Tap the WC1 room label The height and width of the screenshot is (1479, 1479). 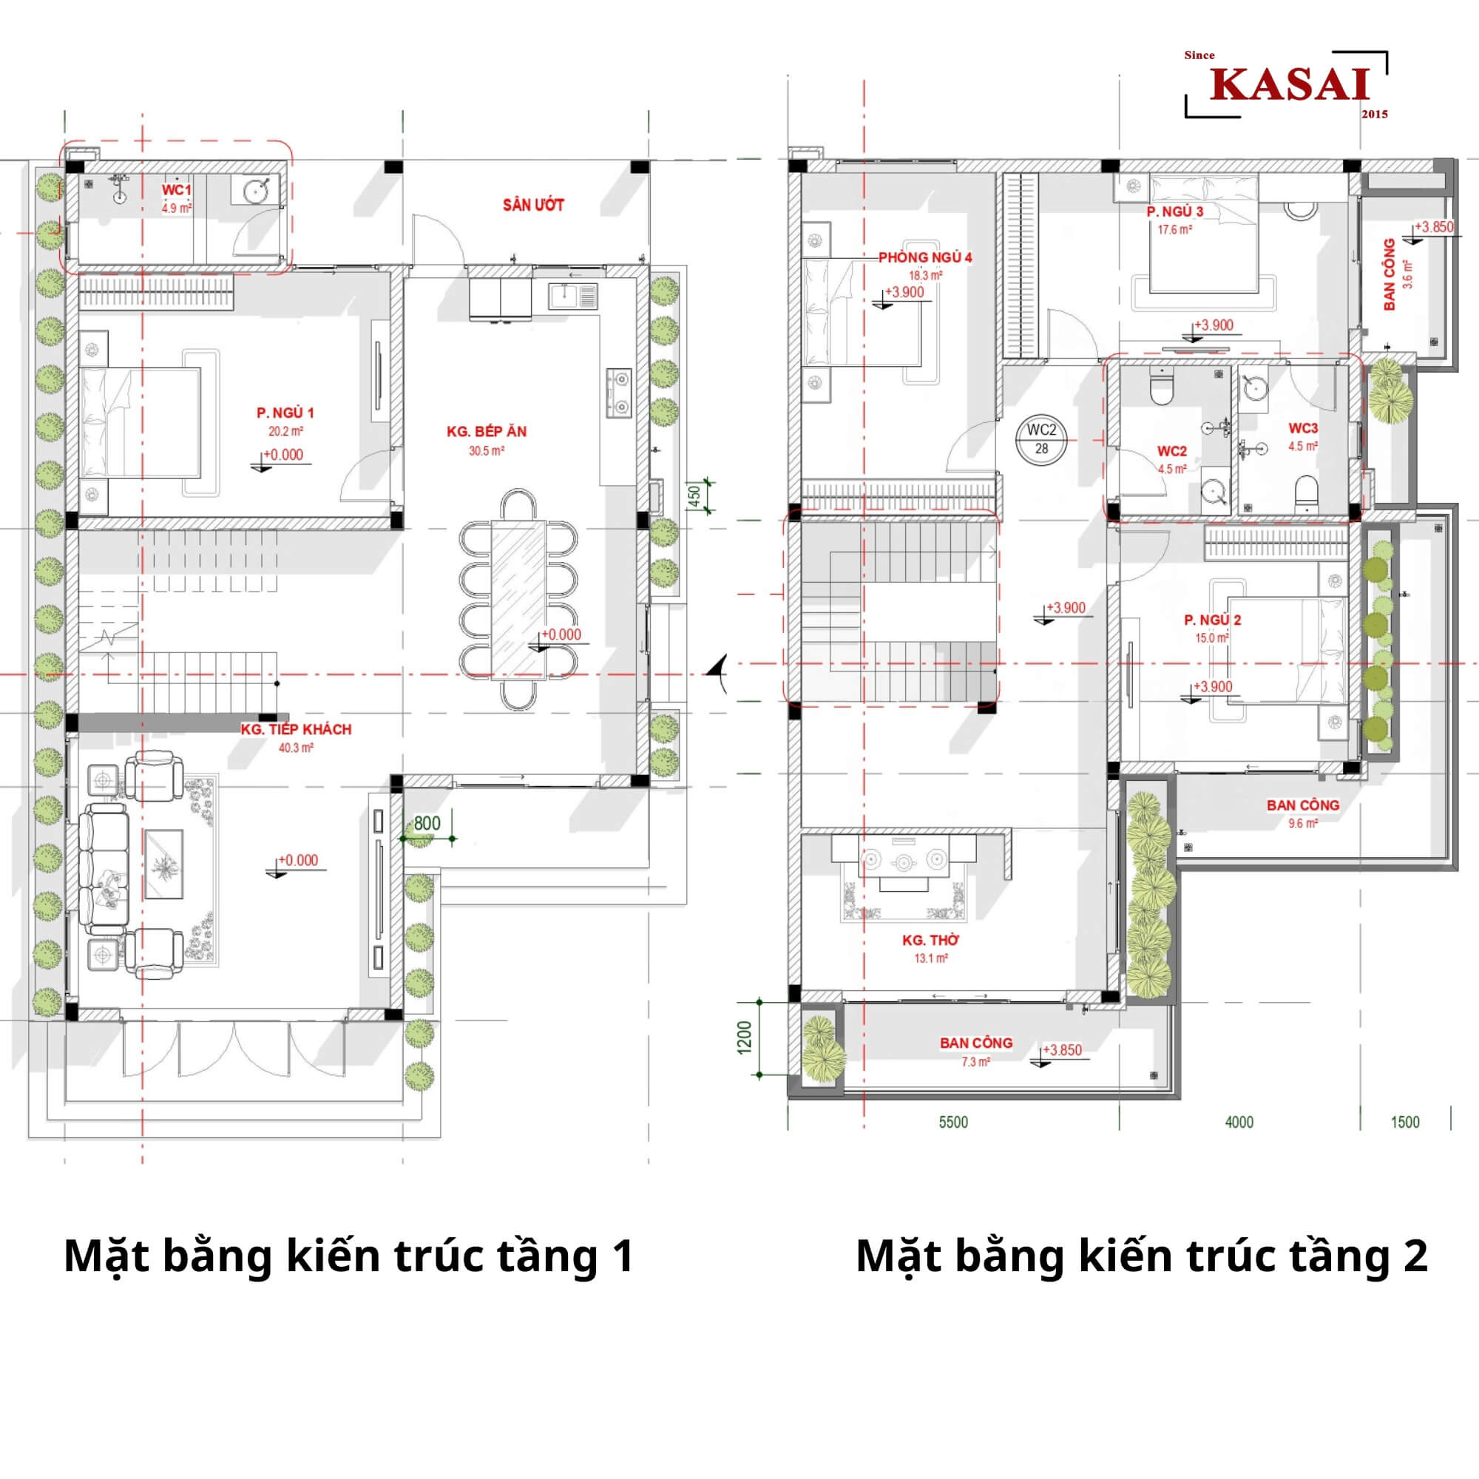(x=176, y=190)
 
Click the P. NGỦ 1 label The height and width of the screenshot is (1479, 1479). (x=285, y=413)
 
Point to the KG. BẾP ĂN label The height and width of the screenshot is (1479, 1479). (x=486, y=432)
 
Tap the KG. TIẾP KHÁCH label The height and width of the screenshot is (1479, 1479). (x=297, y=730)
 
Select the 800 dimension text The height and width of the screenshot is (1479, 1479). (x=427, y=823)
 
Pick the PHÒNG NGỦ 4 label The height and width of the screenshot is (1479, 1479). (x=925, y=257)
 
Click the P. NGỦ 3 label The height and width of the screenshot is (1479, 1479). (x=1174, y=211)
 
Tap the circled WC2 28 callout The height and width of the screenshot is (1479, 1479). (x=1041, y=439)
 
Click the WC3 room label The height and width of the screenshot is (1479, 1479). (x=1303, y=428)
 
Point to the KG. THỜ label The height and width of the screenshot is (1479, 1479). (x=930, y=940)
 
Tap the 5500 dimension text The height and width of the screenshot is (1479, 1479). (x=953, y=1123)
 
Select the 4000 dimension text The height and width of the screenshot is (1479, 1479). (x=1239, y=1123)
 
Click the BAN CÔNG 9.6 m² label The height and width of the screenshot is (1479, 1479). (x=1303, y=813)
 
